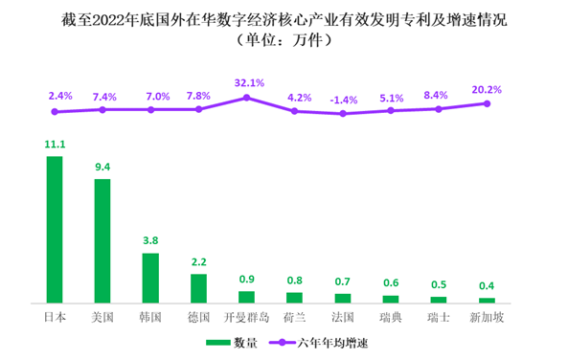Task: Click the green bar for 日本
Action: (x=55, y=230)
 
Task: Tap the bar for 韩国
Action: (x=150, y=278)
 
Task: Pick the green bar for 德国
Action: (x=198, y=288)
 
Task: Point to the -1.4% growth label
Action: (x=343, y=99)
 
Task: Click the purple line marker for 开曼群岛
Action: (x=247, y=97)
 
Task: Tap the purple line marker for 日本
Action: (x=55, y=112)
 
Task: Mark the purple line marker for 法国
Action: (x=343, y=113)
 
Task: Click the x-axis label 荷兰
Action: (x=295, y=316)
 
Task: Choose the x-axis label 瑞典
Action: (x=391, y=316)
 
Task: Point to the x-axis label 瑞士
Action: (x=439, y=316)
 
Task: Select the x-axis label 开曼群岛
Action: (x=247, y=316)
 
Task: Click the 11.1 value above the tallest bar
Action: (x=55, y=145)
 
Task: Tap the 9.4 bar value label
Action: (x=102, y=167)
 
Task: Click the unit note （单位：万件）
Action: (x=284, y=40)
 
